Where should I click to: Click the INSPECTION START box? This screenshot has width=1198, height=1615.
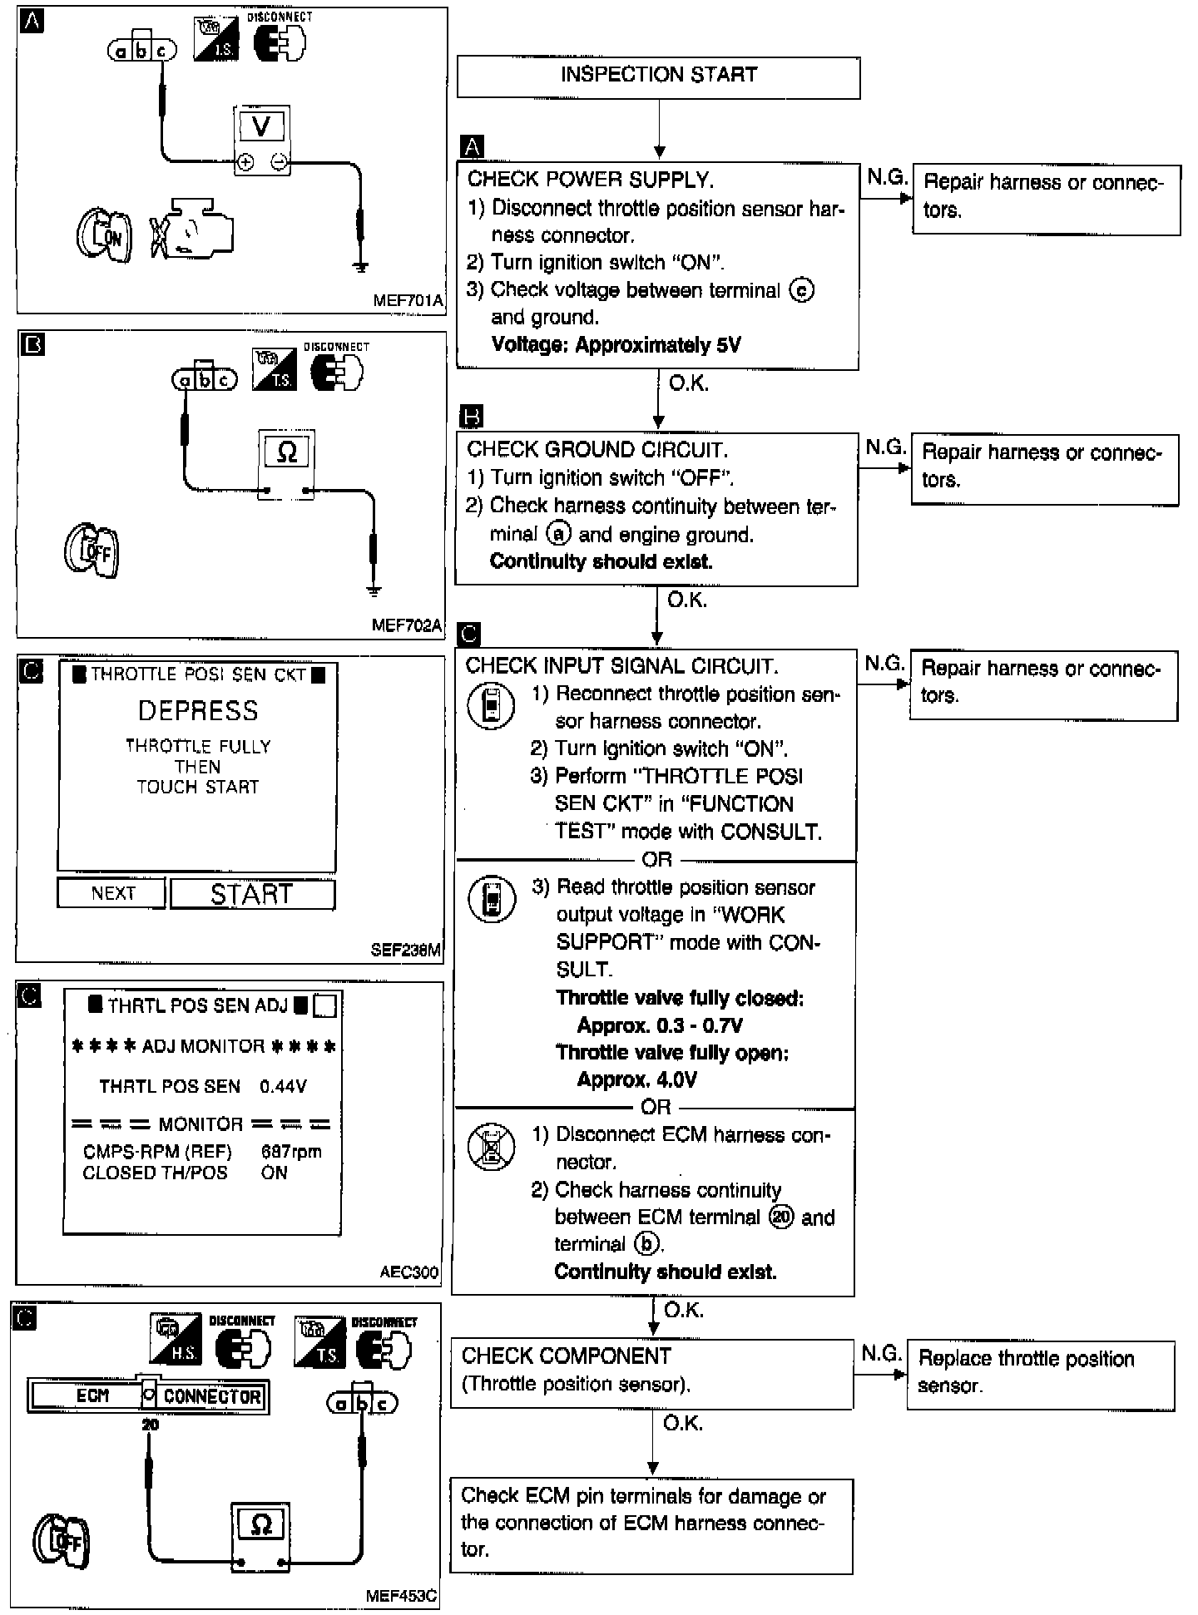pyautogui.click(x=658, y=77)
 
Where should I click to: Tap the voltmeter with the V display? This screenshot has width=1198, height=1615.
pyautogui.click(x=261, y=140)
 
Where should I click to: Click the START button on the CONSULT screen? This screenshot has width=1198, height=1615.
pyautogui.click(x=252, y=894)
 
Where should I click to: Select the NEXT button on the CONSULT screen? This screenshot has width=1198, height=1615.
pyautogui.click(x=111, y=893)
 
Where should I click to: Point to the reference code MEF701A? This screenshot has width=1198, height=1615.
pyautogui.click(x=408, y=301)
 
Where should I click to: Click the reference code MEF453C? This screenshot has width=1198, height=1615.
pyautogui.click(x=401, y=1596)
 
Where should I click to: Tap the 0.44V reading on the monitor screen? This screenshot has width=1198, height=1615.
pyautogui.click(x=283, y=1086)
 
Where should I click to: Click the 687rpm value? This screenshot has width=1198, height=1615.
pyautogui.click(x=290, y=1152)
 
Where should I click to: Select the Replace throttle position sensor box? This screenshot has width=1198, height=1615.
pyautogui.click(x=1040, y=1375)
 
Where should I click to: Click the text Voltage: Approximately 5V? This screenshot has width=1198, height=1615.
pyautogui.click(x=616, y=344)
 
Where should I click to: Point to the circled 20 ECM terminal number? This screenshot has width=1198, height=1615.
pyautogui.click(x=781, y=1217)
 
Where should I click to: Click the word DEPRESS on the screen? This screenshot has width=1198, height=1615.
pyautogui.click(x=198, y=710)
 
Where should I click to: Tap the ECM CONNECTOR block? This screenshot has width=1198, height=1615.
pyautogui.click(x=148, y=1395)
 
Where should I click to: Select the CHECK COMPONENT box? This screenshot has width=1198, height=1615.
pyautogui.click(x=651, y=1373)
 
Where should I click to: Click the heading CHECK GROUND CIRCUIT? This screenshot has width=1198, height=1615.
pyautogui.click(x=597, y=450)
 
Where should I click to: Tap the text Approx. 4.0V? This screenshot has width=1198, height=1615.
pyautogui.click(x=636, y=1079)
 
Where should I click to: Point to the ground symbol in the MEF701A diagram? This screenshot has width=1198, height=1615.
pyautogui.click(x=360, y=267)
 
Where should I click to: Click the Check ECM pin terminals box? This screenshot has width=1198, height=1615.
pyautogui.click(x=651, y=1525)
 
